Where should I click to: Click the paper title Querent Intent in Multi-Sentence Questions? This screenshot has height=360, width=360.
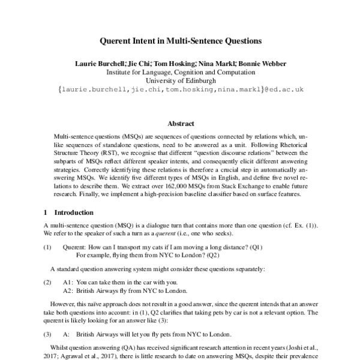pos(180,42)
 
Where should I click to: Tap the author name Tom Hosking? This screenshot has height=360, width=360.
pos(175,62)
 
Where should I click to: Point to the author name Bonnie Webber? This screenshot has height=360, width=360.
pos(263,62)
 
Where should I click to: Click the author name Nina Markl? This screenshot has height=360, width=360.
pos(218,62)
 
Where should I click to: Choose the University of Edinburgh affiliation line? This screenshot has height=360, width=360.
pos(180,79)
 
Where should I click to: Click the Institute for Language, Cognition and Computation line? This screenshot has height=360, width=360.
pos(180,71)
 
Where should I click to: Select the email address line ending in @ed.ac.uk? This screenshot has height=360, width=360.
pos(180,88)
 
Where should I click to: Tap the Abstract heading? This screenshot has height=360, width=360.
pos(180,123)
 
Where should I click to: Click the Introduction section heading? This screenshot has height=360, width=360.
pos(74,212)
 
